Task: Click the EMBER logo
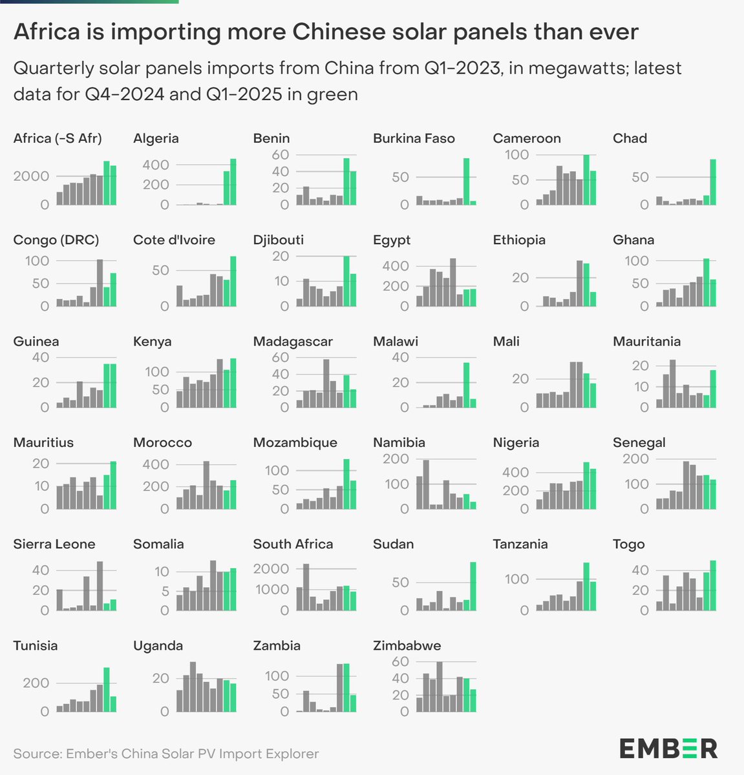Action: tap(668, 749)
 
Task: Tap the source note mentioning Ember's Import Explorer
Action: tap(165, 753)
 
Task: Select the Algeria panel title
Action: tap(156, 138)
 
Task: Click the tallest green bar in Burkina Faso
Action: tap(466, 181)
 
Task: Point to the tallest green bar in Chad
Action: tap(713, 182)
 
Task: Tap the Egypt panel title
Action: tap(392, 240)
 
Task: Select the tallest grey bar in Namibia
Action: tap(426, 484)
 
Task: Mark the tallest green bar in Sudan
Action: tap(473, 586)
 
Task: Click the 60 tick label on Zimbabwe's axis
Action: tap(401, 661)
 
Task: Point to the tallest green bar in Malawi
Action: tap(466, 385)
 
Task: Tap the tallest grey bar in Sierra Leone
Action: tap(100, 586)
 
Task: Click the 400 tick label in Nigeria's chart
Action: tap(515, 473)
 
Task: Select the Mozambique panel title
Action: tap(295, 442)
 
